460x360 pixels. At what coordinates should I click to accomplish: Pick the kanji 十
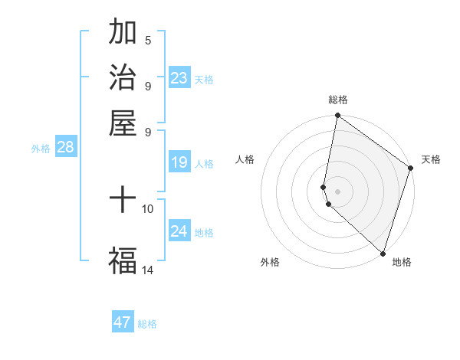click(x=123, y=201)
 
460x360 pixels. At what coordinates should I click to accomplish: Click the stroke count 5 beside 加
click(x=148, y=41)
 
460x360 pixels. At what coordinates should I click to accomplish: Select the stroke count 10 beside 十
click(x=148, y=208)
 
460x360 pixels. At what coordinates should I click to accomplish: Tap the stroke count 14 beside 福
click(x=148, y=270)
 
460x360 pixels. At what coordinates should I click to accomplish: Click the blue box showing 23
click(x=179, y=78)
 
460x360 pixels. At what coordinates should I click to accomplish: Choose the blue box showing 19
click(x=179, y=162)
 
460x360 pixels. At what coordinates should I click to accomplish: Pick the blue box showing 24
click(x=179, y=231)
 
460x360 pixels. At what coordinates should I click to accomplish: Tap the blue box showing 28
click(x=65, y=148)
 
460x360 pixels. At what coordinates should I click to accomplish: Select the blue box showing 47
click(x=123, y=322)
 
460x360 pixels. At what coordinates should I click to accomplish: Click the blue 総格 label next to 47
click(x=147, y=324)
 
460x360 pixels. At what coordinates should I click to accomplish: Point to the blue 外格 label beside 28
click(x=41, y=149)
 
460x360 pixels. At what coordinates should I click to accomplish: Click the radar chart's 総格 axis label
click(x=337, y=100)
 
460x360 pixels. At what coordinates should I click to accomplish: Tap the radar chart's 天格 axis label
click(x=431, y=159)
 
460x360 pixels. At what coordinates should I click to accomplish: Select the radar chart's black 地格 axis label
click(x=402, y=262)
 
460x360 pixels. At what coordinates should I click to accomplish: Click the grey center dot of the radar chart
click(x=337, y=191)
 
